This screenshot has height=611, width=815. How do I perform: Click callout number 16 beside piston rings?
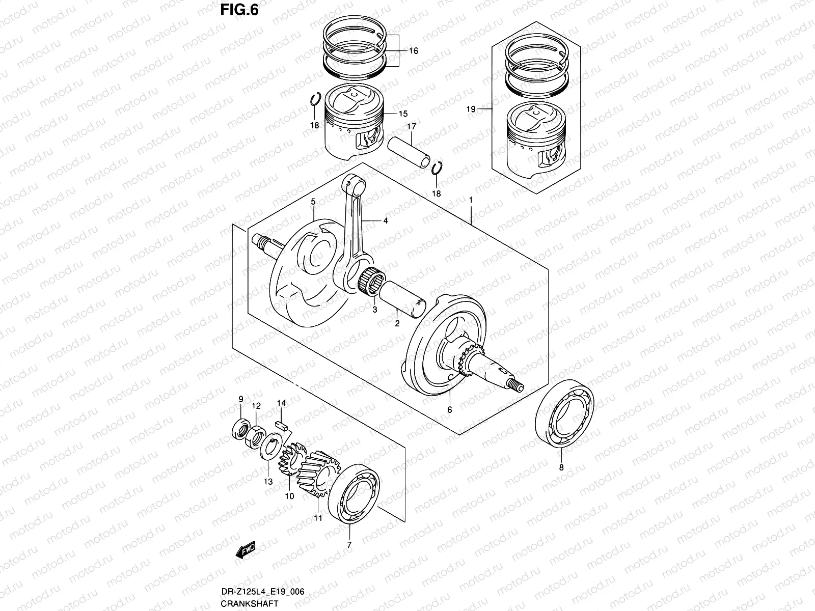click(x=413, y=51)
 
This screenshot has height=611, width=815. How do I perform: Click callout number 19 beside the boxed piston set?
click(x=471, y=109)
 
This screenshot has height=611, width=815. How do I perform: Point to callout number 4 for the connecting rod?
click(x=386, y=221)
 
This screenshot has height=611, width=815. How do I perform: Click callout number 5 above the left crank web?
click(x=313, y=202)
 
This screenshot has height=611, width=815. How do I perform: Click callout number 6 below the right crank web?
click(x=449, y=409)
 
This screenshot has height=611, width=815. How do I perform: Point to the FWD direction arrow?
click(x=246, y=550)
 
